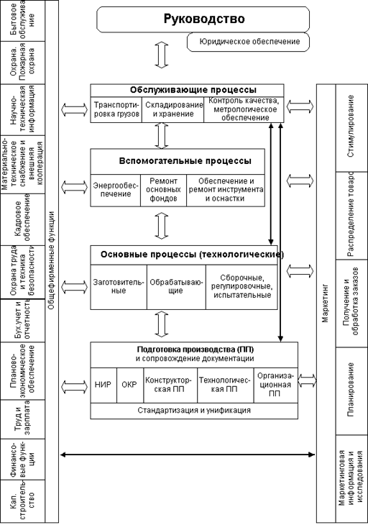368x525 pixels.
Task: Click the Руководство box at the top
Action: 203,19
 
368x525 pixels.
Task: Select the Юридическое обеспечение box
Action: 248,42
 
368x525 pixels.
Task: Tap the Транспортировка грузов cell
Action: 116,110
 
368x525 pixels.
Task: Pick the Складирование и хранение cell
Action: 173,110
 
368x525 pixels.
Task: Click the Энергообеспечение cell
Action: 116,190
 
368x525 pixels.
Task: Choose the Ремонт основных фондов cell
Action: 163,190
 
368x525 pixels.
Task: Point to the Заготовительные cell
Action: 119,287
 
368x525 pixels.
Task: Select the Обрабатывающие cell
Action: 176,287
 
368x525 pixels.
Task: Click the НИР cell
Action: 103,385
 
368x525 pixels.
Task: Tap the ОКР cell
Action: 130,385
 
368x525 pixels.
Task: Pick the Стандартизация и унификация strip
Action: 194,411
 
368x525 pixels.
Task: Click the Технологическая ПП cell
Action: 225,385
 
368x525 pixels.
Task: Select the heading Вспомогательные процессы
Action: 185,161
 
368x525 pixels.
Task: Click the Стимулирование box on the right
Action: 351,127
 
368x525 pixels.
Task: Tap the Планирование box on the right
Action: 351,391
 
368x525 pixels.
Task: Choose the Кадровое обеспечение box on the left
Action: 23,219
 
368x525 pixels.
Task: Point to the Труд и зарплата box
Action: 23,419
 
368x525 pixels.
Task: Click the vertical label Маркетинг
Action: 326,303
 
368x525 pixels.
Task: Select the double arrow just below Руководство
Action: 162,55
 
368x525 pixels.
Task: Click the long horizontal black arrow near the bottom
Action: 188,455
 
